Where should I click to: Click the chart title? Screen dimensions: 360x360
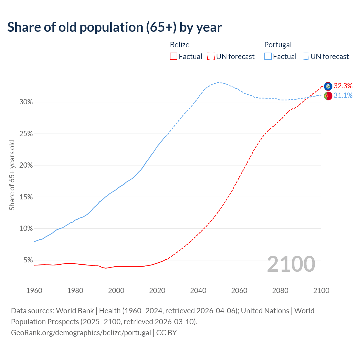[114, 27]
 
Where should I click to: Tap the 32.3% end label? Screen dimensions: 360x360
[343, 86]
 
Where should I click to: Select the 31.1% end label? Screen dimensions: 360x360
[343, 96]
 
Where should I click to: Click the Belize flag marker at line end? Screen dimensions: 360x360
[328, 86]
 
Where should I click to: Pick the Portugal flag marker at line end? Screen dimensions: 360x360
[328, 96]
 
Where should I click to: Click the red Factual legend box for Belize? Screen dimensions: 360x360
[174, 57]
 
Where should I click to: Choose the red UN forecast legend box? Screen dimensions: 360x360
[211, 57]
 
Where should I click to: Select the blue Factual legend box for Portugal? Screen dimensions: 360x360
[268, 57]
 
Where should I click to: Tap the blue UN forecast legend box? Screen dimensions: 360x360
[305, 57]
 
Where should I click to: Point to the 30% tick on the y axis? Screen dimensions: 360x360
[26, 102]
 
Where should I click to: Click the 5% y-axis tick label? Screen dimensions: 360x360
[28, 260]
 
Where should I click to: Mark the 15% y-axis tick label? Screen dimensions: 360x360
[26, 197]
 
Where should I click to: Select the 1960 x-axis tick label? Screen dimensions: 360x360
[34, 291]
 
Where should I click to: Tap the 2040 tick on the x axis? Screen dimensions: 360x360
[198, 291]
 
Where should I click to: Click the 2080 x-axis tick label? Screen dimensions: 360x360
[280, 291]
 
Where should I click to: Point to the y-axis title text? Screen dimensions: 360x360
[12, 175]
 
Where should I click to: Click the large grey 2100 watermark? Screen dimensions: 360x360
[291, 264]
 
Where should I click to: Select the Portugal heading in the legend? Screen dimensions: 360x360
[278, 45]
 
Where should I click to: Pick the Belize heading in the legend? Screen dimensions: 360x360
[180, 45]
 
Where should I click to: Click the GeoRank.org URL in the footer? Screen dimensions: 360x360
[81, 333]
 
